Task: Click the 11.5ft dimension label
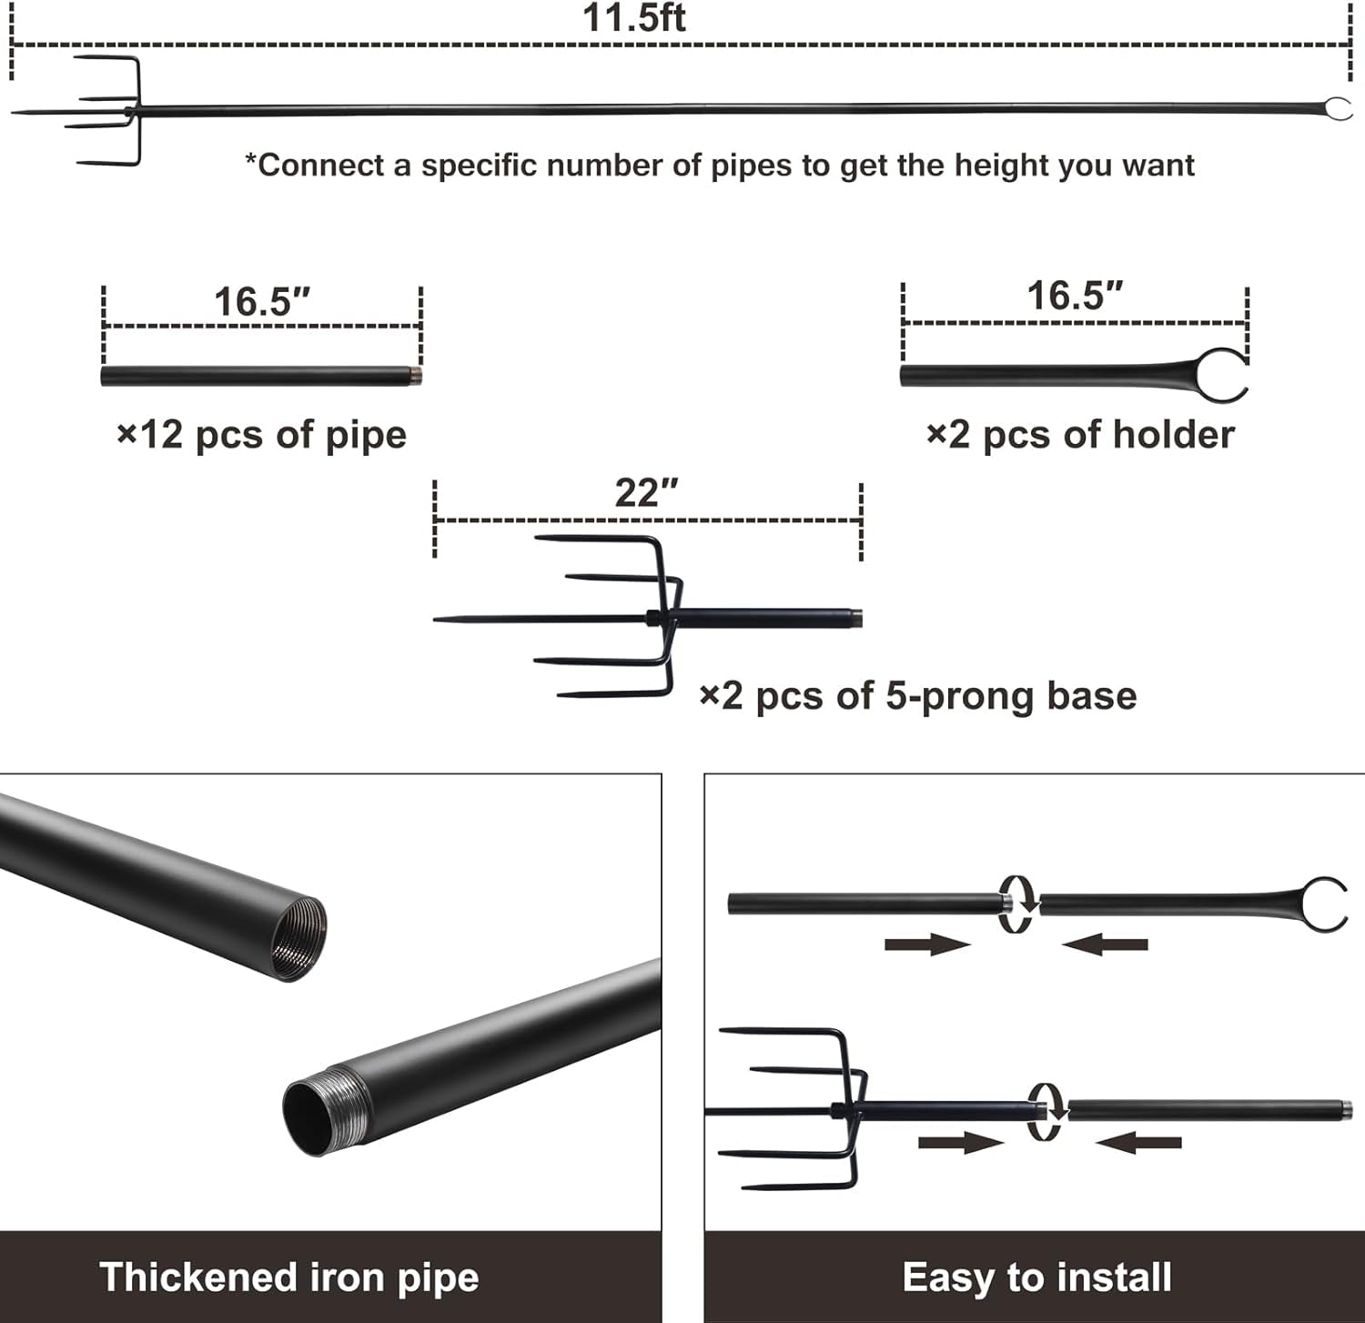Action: pos(634,18)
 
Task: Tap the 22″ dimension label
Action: pos(647,494)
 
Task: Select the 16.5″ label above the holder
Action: pos(1075,297)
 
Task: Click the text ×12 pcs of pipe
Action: pos(262,435)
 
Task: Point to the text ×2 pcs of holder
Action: pos(1080,435)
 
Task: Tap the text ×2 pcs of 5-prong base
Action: pos(918,696)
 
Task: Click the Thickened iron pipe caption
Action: pos(289,1278)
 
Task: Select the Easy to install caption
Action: pos(1036,1278)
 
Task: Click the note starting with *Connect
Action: pos(720,166)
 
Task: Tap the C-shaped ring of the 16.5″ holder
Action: pos(1222,375)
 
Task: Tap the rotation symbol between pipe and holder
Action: pos(1017,904)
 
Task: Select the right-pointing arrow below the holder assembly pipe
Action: pos(926,945)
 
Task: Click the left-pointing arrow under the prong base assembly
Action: pos(1137,1143)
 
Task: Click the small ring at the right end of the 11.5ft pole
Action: pos(1336,110)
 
